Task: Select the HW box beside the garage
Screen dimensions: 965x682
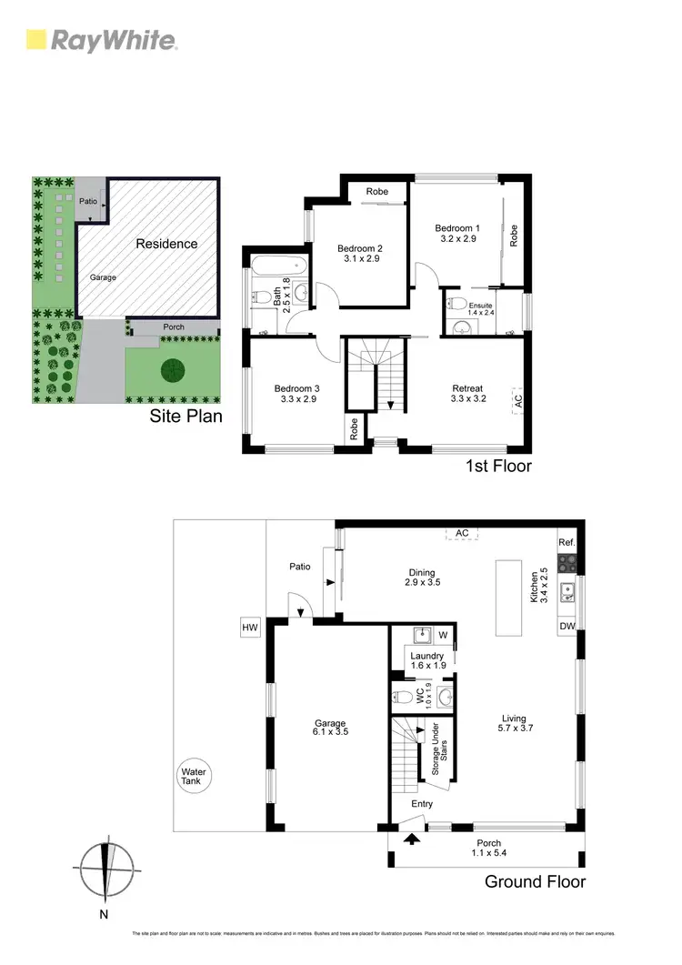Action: (x=250, y=628)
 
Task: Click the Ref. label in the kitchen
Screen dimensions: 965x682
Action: (x=567, y=543)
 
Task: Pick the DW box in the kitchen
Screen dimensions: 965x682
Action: (x=567, y=626)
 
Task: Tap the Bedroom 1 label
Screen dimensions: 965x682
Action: (x=456, y=233)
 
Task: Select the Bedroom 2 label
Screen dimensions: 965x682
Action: (x=360, y=254)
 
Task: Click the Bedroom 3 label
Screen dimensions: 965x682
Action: (x=297, y=395)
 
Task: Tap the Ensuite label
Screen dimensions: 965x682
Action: (x=479, y=308)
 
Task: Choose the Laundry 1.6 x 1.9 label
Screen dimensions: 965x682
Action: (x=426, y=660)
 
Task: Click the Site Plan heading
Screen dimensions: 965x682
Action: (x=187, y=417)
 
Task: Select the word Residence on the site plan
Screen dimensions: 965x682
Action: (x=166, y=244)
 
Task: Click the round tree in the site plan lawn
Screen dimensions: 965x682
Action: (x=171, y=369)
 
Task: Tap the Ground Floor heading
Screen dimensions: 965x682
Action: (x=535, y=881)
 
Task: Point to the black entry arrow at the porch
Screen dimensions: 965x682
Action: (x=414, y=838)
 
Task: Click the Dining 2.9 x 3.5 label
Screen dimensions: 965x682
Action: (x=424, y=578)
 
